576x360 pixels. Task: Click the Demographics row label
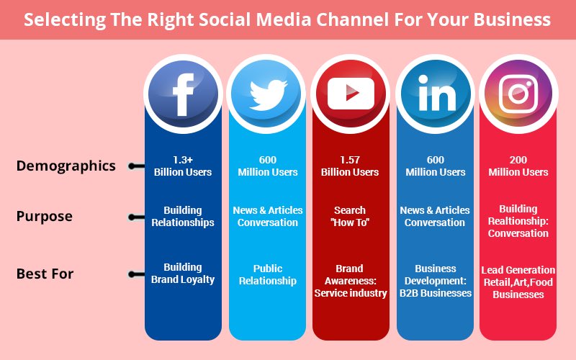(x=66, y=166)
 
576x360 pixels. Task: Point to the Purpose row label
(x=44, y=216)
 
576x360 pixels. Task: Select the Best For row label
(x=45, y=274)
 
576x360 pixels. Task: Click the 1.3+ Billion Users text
(x=183, y=166)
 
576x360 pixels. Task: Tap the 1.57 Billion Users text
(x=351, y=166)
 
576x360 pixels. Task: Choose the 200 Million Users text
(x=518, y=166)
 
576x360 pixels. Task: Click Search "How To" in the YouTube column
(x=351, y=216)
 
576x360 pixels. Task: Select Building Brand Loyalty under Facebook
(x=183, y=273)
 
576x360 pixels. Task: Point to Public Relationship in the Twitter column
(x=267, y=274)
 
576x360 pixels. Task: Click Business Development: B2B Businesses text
(x=434, y=280)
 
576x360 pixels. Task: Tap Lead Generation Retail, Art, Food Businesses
(x=518, y=282)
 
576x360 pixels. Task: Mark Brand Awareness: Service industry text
(x=351, y=280)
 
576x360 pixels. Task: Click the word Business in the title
(x=517, y=19)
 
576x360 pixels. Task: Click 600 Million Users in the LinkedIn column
(x=434, y=166)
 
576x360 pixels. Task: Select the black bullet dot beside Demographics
(x=132, y=166)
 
